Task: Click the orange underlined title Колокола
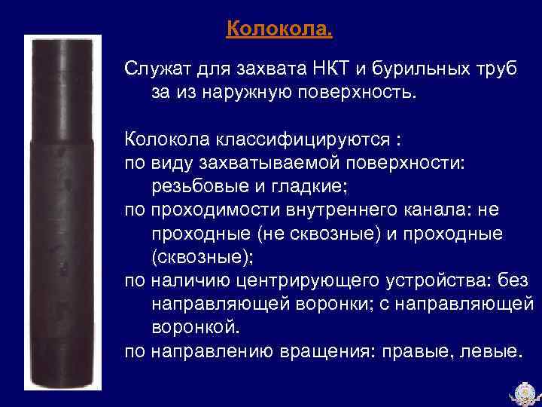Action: coord(278,30)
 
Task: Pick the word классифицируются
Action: coord(304,142)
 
